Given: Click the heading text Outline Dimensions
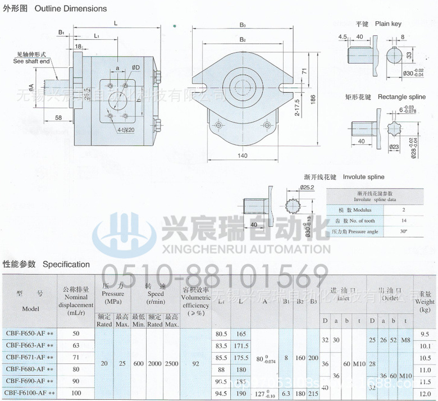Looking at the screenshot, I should (x=71, y=8).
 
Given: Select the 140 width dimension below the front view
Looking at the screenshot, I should (x=243, y=156).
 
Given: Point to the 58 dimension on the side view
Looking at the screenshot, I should (x=59, y=117).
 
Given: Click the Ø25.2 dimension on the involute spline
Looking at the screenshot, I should (x=307, y=187).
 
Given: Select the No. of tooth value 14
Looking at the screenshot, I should (x=403, y=220).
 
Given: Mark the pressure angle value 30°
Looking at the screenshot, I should (x=403, y=231).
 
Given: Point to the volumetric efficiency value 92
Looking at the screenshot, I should (x=195, y=363).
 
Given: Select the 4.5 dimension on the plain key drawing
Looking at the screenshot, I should (x=343, y=37).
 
